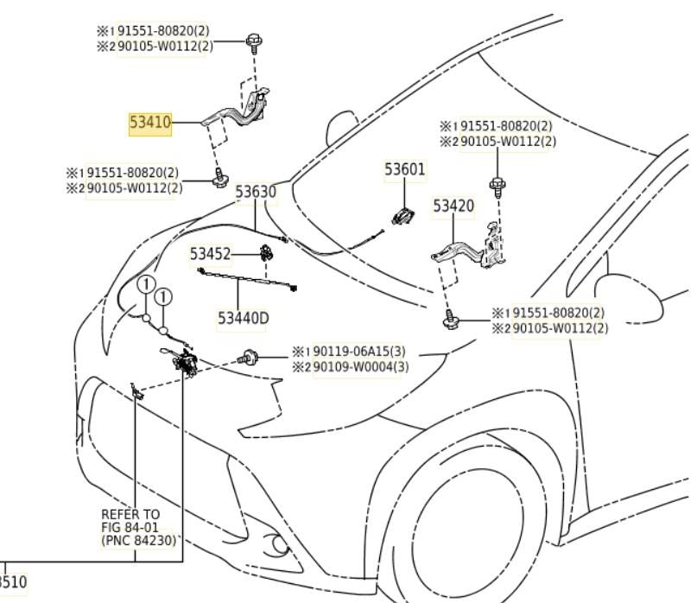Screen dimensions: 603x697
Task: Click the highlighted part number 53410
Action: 150,124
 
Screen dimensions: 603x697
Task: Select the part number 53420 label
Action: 453,206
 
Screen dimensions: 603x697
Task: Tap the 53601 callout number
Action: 405,169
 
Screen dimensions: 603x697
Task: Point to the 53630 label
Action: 257,192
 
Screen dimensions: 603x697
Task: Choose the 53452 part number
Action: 211,254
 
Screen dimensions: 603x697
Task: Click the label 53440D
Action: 243,318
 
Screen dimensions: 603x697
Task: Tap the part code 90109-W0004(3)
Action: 360,366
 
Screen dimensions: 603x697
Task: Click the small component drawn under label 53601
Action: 402,216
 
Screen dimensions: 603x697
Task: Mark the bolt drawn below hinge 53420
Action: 449,321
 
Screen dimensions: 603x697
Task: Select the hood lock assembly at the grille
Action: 184,361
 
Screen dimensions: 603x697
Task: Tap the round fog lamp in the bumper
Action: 278,545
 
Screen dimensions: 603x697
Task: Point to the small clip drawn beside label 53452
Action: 266,253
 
